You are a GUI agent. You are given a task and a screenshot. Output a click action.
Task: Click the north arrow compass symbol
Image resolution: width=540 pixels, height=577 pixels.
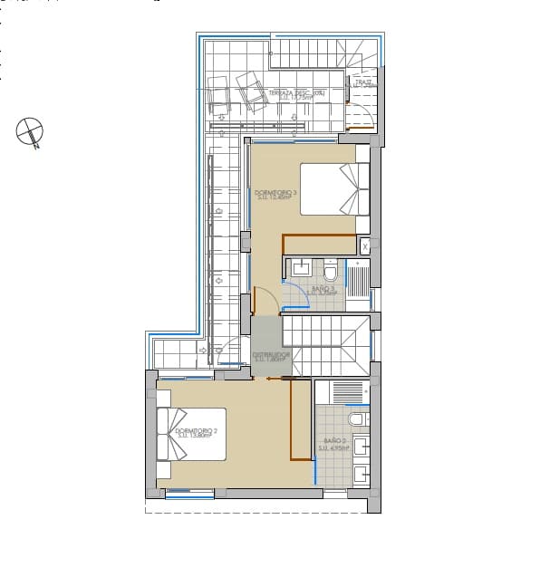[x=31, y=132]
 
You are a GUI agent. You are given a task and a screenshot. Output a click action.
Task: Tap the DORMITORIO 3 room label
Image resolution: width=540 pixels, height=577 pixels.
[x=275, y=195]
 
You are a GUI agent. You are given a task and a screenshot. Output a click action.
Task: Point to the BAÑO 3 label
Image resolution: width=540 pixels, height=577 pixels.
[x=322, y=291]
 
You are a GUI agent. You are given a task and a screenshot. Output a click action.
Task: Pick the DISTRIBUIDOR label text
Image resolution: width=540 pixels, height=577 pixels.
[x=271, y=357]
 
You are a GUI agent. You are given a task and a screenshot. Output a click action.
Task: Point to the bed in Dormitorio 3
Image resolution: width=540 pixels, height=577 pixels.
[x=335, y=188]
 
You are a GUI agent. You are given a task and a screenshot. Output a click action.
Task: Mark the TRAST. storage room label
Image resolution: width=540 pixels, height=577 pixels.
[x=363, y=83]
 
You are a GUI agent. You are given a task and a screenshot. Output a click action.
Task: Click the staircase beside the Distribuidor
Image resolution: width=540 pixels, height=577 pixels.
[x=326, y=346]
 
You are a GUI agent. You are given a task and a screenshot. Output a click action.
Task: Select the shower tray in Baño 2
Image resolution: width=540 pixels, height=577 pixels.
[x=342, y=392]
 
